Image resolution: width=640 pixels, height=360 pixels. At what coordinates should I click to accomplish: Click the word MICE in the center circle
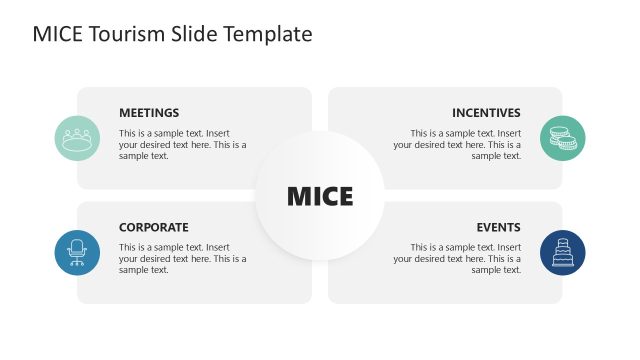point(320,197)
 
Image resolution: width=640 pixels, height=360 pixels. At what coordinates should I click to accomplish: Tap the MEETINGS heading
point(149,113)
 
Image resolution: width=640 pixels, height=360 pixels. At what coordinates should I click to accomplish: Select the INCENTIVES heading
point(486,113)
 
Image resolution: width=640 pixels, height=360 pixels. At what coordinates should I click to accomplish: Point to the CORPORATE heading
point(153,227)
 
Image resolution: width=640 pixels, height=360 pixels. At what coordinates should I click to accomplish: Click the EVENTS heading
point(498,227)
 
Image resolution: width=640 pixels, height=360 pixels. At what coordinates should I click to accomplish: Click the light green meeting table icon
point(77,139)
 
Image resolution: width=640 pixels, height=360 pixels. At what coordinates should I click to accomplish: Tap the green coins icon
point(562,139)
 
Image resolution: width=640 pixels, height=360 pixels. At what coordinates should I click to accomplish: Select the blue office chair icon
point(77,253)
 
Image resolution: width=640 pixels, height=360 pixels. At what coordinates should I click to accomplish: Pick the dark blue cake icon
point(562,253)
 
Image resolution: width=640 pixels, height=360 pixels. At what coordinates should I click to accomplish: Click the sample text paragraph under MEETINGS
point(182,144)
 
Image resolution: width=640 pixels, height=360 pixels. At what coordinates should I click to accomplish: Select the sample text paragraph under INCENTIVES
point(457,144)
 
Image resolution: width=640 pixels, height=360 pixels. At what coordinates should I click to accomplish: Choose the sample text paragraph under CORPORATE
point(182,258)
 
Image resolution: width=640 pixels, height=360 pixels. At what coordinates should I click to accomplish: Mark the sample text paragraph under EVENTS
point(457,258)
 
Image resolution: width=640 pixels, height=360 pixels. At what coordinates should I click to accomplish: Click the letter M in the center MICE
point(299,197)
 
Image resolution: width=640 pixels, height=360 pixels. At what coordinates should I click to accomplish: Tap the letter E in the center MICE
point(345,197)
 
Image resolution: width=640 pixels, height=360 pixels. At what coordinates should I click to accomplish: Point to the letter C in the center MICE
point(327,197)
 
